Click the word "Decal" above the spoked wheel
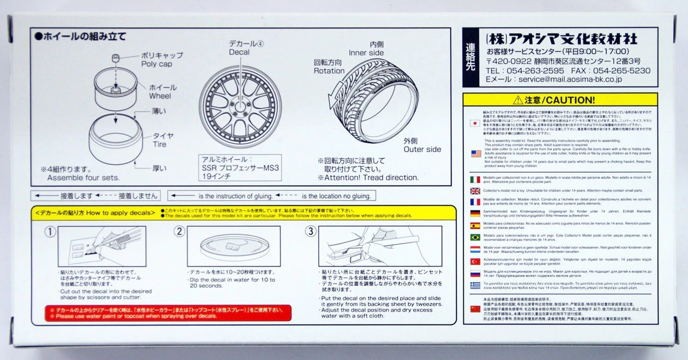[239, 52]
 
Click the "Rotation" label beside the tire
[329, 71]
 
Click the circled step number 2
[180, 232]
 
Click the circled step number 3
[311, 232]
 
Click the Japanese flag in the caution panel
[475, 123]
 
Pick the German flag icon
[475, 213]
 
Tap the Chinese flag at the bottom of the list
[475, 309]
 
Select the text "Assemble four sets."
[83, 177]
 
